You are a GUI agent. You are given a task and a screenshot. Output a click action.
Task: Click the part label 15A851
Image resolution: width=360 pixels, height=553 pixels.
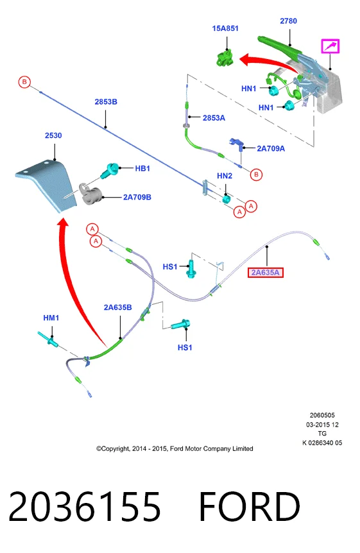[225, 28]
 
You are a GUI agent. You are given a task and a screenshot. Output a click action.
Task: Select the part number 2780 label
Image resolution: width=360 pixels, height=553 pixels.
[288, 21]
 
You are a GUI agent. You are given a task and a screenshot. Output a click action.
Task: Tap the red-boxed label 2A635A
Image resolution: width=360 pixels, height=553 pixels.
[266, 272]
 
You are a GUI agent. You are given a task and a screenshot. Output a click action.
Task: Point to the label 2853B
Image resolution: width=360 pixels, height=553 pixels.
[106, 101]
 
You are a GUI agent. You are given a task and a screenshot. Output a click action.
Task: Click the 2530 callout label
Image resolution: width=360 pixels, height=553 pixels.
[53, 135]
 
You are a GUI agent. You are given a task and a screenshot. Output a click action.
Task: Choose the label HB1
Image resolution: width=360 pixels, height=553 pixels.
[142, 169]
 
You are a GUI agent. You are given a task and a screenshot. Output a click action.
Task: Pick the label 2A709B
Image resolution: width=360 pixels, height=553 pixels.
[137, 197]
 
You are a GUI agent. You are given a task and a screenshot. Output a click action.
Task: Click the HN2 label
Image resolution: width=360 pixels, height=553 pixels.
[225, 176]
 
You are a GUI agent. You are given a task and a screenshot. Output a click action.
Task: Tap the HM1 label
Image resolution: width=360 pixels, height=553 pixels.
[51, 318]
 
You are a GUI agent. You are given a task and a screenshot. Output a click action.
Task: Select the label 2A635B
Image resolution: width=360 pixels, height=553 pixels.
[118, 307]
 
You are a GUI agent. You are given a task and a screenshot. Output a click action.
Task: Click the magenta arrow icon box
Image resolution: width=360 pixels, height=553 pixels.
[330, 46]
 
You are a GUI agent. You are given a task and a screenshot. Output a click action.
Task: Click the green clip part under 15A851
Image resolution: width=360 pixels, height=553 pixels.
[225, 58]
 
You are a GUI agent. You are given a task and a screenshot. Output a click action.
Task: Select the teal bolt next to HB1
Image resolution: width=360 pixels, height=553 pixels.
[109, 171]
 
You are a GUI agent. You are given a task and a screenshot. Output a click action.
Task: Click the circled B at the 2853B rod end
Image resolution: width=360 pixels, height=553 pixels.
[24, 82]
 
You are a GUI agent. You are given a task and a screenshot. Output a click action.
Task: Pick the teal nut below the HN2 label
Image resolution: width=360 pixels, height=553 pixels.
[227, 199]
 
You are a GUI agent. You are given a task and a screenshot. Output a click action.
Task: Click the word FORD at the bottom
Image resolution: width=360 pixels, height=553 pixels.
[250, 506]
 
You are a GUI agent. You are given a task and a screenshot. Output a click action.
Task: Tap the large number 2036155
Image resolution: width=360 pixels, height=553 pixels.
[85, 506]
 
